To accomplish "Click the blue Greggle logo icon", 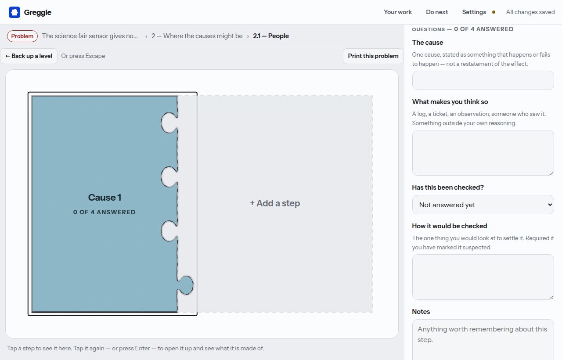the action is click(x=14, y=12).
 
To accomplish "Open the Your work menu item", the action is click(x=398, y=12).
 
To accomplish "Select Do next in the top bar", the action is click(x=437, y=12).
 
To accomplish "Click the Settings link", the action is click(x=474, y=12).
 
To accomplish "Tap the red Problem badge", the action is click(x=22, y=36).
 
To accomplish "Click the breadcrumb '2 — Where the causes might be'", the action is click(x=197, y=36).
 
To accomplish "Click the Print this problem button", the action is click(x=373, y=56).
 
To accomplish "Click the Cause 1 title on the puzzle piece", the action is click(x=104, y=198).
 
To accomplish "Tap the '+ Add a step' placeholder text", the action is click(x=275, y=203).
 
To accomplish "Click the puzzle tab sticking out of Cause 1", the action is click(x=186, y=285).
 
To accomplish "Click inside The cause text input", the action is click(x=483, y=80).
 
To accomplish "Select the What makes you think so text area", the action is click(x=483, y=153).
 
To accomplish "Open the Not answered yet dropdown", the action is click(x=483, y=205).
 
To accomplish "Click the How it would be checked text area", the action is click(x=483, y=277).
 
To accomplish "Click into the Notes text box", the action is click(x=483, y=340).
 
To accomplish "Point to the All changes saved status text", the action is click(x=530, y=12).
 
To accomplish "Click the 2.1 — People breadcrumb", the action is click(x=271, y=36).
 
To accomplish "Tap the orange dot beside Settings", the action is click(x=494, y=12).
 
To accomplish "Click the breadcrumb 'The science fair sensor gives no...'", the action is click(x=90, y=36).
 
